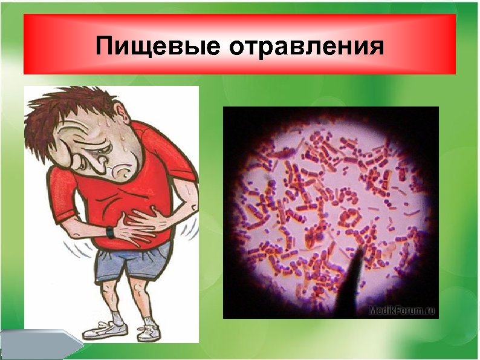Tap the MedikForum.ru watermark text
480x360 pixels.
(x=401, y=311)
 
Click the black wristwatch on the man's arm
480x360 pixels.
(x=111, y=231)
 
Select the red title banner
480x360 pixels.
(x=239, y=45)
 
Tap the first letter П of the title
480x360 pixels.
(x=107, y=46)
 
